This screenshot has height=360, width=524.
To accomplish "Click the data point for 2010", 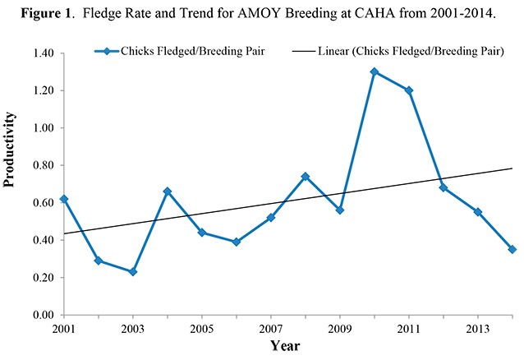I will [x=375, y=72].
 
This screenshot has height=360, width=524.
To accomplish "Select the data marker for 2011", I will [x=409, y=90].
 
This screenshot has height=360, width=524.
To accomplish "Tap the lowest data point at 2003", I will [x=133, y=271].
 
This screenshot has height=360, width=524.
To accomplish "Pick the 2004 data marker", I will [x=168, y=192].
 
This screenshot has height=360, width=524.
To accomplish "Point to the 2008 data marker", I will [x=306, y=176].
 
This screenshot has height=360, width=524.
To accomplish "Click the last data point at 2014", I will [x=513, y=249].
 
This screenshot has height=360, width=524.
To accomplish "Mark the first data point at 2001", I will [x=64, y=199].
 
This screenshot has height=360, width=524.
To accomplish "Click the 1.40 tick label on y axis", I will [x=43, y=53].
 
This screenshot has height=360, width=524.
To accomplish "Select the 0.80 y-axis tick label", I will [x=43, y=165].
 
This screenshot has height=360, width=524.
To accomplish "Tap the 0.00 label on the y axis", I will [x=43, y=315].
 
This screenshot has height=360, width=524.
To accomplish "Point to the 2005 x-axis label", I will [x=201, y=330].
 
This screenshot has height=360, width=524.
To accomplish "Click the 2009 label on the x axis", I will [x=339, y=330].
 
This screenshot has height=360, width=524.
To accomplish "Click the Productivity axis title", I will [x=11, y=184].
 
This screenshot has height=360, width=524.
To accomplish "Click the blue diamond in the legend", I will [x=107, y=51].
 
